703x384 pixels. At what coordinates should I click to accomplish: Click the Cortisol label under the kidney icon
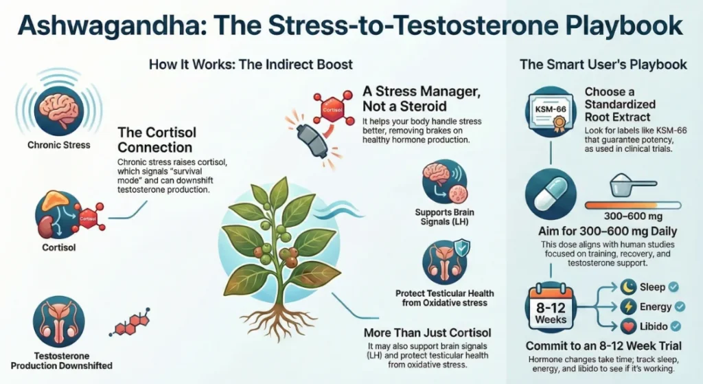pyautogui.click(x=58, y=245)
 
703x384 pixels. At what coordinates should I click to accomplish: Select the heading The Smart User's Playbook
pyautogui.click(x=603, y=65)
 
